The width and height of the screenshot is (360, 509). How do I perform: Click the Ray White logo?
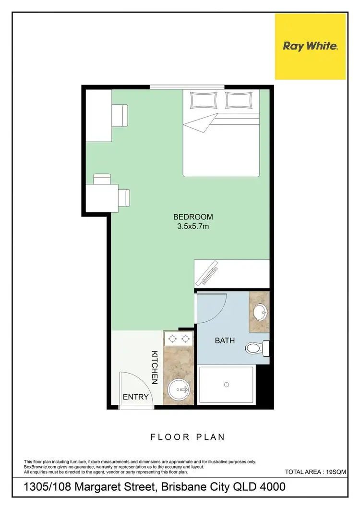point(310,47)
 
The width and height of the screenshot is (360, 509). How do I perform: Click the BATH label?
point(224,341)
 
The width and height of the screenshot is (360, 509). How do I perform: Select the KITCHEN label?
point(155,367)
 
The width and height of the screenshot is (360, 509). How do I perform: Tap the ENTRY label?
point(136,397)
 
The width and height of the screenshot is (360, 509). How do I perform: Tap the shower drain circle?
point(227,384)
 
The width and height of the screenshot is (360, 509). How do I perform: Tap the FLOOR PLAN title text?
point(188,437)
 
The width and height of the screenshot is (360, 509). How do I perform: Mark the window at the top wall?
point(187,87)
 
